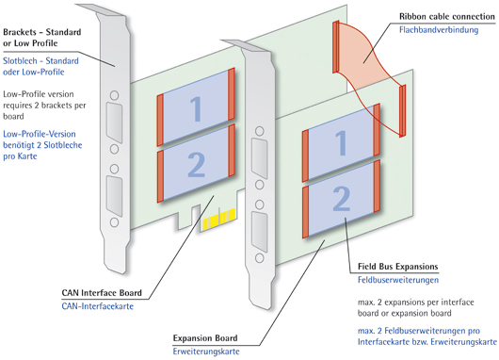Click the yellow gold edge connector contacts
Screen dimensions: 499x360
[x=218, y=220]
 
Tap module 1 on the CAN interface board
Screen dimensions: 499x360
[x=196, y=107]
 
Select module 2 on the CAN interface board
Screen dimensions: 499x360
[x=196, y=163]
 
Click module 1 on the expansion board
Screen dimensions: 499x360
[x=341, y=142]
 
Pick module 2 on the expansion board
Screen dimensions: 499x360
[x=341, y=199]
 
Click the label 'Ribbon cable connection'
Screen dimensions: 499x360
[x=447, y=16]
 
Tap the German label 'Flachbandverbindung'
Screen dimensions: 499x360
[x=439, y=30]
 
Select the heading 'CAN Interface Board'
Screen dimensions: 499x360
[x=102, y=293]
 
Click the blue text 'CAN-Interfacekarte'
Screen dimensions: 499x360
[x=98, y=306]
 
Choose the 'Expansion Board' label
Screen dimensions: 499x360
[x=205, y=338]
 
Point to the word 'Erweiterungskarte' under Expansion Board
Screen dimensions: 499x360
[x=206, y=352]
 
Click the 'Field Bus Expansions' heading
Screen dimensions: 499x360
[x=398, y=267]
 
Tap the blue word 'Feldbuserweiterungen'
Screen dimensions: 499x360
[x=398, y=280]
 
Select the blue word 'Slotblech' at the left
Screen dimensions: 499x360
[x=20, y=61]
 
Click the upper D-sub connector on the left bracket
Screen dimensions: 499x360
[x=114, y=122]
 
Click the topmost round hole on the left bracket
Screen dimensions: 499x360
[x=114, y=95]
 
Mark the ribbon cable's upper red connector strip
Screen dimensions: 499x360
[x=336, y=47]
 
